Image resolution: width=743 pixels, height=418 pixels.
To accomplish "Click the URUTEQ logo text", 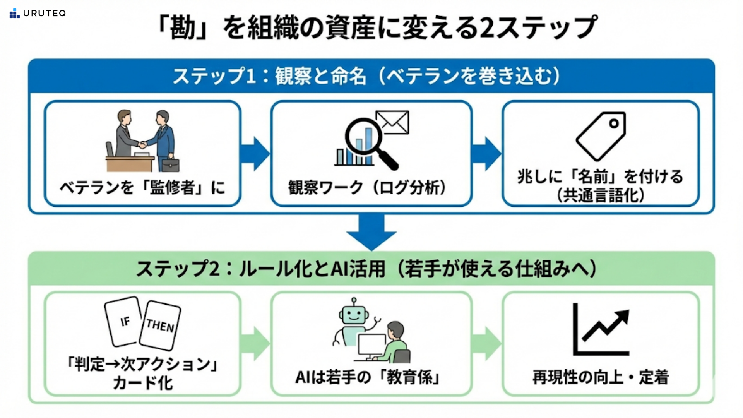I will tap(44, 14).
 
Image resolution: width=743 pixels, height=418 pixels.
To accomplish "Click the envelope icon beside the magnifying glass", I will tap(392, 122).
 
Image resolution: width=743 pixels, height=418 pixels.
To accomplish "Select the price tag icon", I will tap(601, 136).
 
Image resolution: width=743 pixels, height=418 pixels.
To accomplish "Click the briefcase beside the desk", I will tap(170, 165).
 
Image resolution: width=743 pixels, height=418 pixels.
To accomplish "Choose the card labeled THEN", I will tap(160, 325).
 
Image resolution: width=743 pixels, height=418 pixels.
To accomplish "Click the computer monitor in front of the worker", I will tap(371, 344).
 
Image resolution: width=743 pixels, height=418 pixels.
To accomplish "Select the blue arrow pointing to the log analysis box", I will tap(255, 154).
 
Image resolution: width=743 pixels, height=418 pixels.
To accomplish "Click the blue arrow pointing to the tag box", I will tap(486, 154).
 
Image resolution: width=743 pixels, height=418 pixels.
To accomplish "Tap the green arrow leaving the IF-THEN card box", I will tap(255, 343).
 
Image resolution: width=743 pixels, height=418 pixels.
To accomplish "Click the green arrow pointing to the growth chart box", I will tap(486, 343).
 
